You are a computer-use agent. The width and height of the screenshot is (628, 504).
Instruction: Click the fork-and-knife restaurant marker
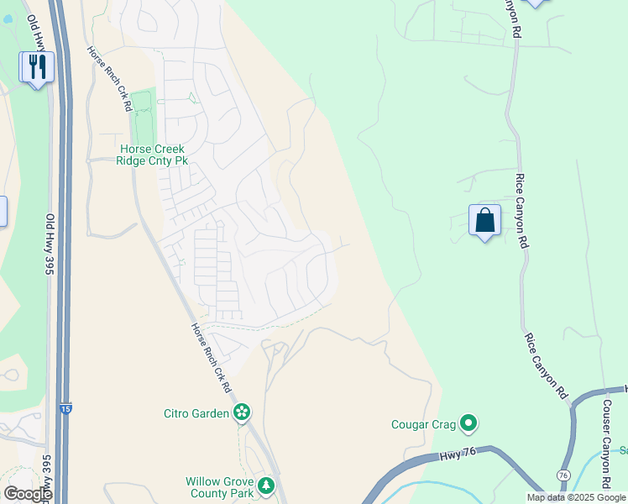click(36, 66)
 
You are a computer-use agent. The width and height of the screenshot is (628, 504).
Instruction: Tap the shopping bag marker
click(484, 221)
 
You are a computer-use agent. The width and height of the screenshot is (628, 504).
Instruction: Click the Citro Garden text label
click(196, 412)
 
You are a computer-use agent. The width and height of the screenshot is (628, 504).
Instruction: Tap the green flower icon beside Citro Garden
click(242, 412)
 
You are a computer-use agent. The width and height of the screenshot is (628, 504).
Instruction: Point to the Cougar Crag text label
click(423, 424)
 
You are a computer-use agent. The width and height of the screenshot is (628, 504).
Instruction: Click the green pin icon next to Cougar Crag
click(468, 424)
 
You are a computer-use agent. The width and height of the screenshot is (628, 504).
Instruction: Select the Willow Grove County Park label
click(219, 487)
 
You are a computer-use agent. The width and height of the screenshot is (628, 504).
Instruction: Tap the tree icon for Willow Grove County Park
click(266, 486)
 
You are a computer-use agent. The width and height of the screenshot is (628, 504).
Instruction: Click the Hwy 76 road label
click(458, 457)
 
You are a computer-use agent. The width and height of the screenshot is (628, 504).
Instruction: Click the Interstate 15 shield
click(65, 408)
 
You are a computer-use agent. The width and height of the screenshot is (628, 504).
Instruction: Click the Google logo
click(27, 493)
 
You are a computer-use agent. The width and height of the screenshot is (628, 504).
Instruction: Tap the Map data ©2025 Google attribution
click(576, 497)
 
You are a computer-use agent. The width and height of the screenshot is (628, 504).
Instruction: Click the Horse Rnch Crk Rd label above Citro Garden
click(211, 358)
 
